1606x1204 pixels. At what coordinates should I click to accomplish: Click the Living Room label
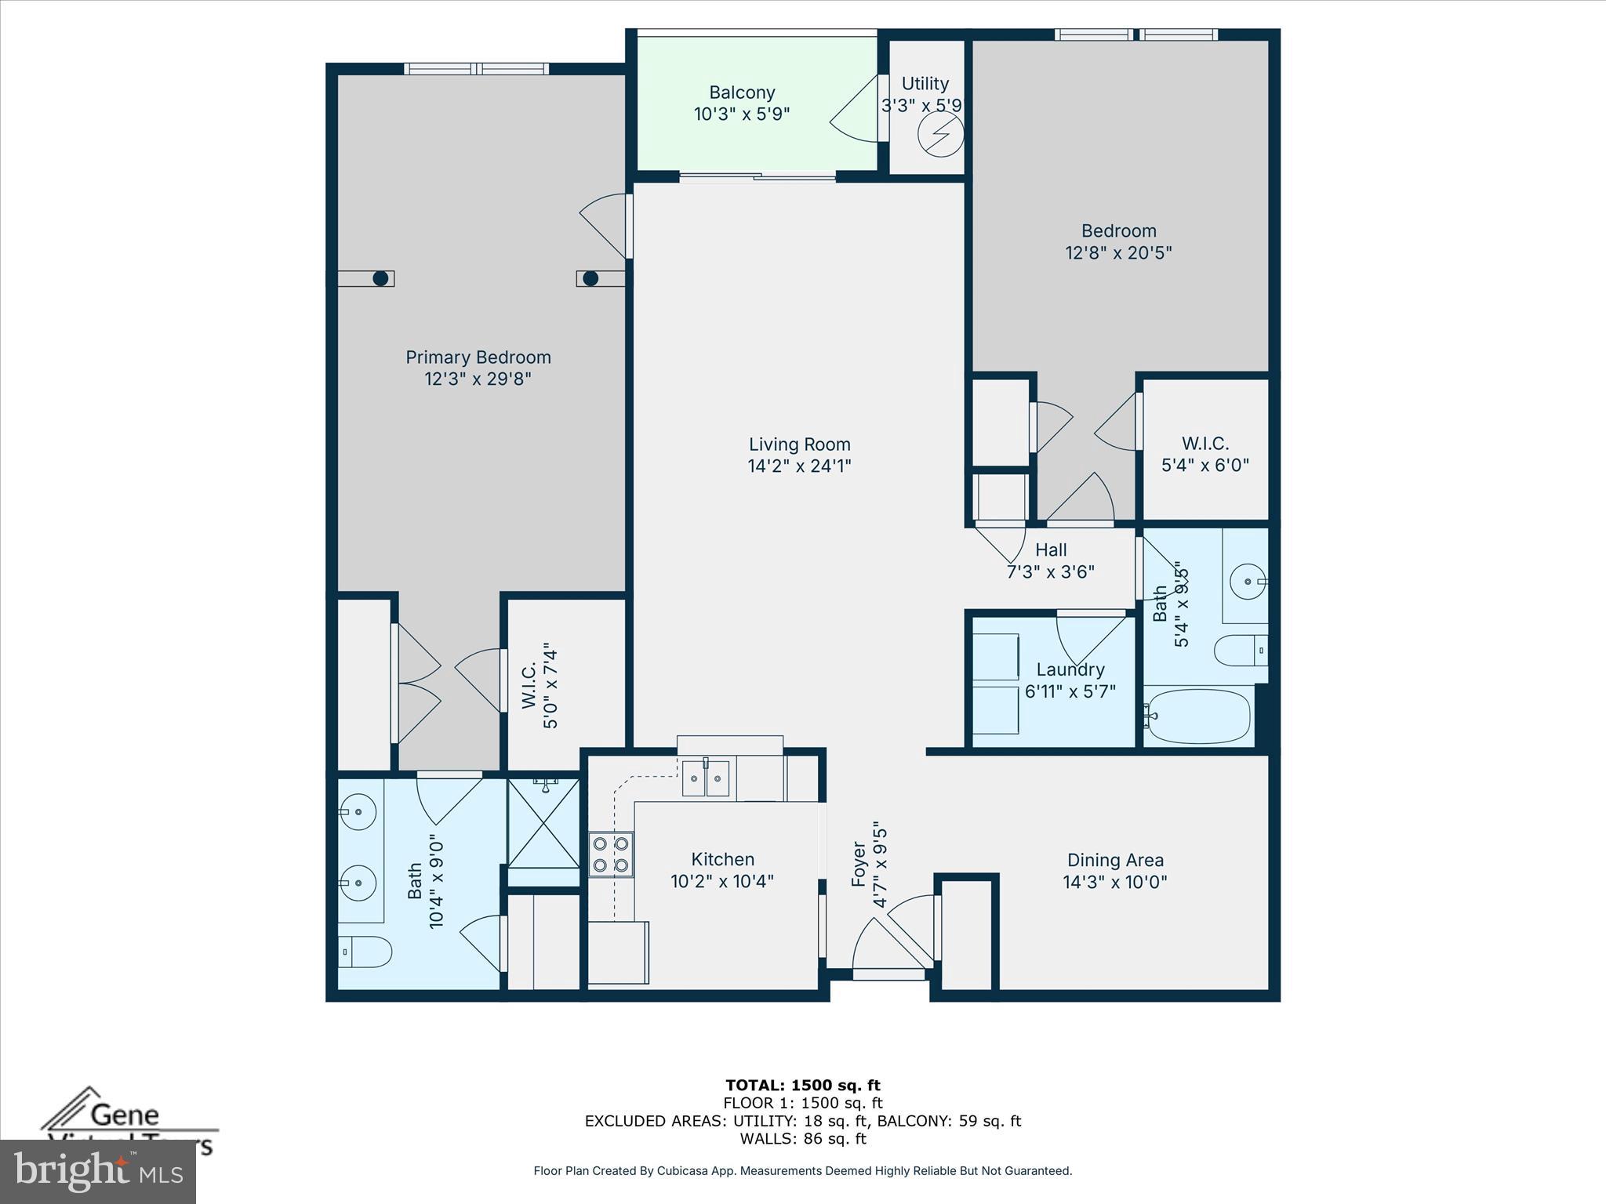[799, 444]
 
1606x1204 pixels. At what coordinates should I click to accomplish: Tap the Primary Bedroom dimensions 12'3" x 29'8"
[478, 379]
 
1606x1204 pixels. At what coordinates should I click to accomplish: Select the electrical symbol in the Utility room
[940, 134]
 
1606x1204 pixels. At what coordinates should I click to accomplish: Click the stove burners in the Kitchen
[611, 854]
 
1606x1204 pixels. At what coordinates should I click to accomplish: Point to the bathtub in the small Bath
[1197, 715]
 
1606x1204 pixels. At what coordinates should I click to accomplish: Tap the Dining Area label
[1114, 860]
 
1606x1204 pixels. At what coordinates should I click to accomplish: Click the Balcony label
[742, 92]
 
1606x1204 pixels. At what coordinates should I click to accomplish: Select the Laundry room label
[1070, 669]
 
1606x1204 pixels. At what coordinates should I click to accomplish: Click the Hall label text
[1050, 549]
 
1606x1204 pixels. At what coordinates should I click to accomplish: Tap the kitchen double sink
[705, 778]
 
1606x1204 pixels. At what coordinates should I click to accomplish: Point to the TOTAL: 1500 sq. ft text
[802, 1085]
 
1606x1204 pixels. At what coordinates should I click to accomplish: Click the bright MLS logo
[97, 1171]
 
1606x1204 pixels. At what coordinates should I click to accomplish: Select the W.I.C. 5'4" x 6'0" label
[1204, 454]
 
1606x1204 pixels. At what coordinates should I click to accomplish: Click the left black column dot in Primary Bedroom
[381, 278]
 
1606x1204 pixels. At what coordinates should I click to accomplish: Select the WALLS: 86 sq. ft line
[802, 1139]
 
